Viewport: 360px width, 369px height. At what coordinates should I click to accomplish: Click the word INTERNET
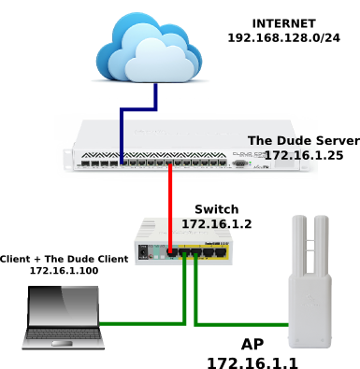(x=284, y=23)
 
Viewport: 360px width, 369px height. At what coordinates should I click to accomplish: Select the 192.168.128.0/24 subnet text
(x=284, y=38)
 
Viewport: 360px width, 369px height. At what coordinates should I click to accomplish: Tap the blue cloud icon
(x=149, y=48)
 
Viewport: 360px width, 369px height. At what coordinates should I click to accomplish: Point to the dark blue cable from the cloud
(x=138, y=109)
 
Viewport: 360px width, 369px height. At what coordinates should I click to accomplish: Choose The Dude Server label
(x=304, y=141)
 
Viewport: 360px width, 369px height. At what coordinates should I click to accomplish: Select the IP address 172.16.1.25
(x=304, y=155)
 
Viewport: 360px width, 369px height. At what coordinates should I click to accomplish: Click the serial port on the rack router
(x=239, y=163)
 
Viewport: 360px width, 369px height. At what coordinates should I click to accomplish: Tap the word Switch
(x=217, y=209)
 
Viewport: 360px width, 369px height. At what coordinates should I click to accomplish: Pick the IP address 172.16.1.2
(x=217, y=224)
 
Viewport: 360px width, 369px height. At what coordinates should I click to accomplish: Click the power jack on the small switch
(x=143, y=251)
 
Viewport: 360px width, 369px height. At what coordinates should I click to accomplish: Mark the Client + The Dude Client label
(x=64, y=259)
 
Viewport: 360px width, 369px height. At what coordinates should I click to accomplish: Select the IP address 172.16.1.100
(x=64, y=270)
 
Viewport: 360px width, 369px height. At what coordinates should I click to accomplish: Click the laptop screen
(x=64, y=306)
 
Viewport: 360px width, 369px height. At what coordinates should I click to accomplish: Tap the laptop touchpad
(x=63, y=344)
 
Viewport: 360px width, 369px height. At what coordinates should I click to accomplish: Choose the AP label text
(x=252, y=345)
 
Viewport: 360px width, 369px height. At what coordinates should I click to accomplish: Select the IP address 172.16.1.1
(x=252, y=363)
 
